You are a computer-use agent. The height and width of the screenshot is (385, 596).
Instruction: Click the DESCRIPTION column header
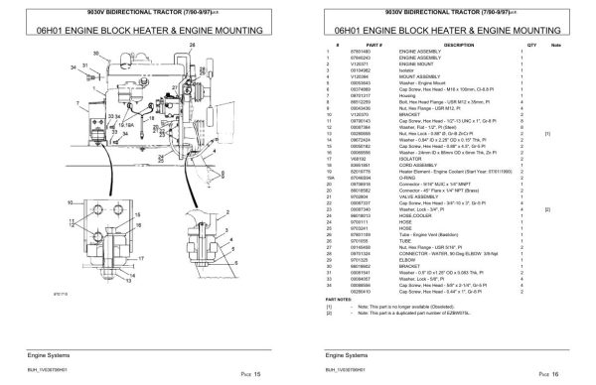click(450, 46)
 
